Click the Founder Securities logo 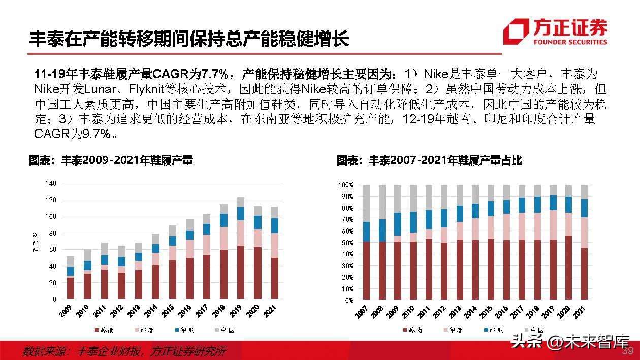tap(555, 31)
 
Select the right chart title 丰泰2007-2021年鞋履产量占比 tap(429, 161)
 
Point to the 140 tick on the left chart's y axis tap(50, 183)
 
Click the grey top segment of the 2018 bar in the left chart tap(223, 209)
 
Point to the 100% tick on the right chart tap(345, 185)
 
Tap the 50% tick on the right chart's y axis tap(345, 243)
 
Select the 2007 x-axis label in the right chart tap(362, 311)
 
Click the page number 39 tap(628, 351)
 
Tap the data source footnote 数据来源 tap(124, 351)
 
